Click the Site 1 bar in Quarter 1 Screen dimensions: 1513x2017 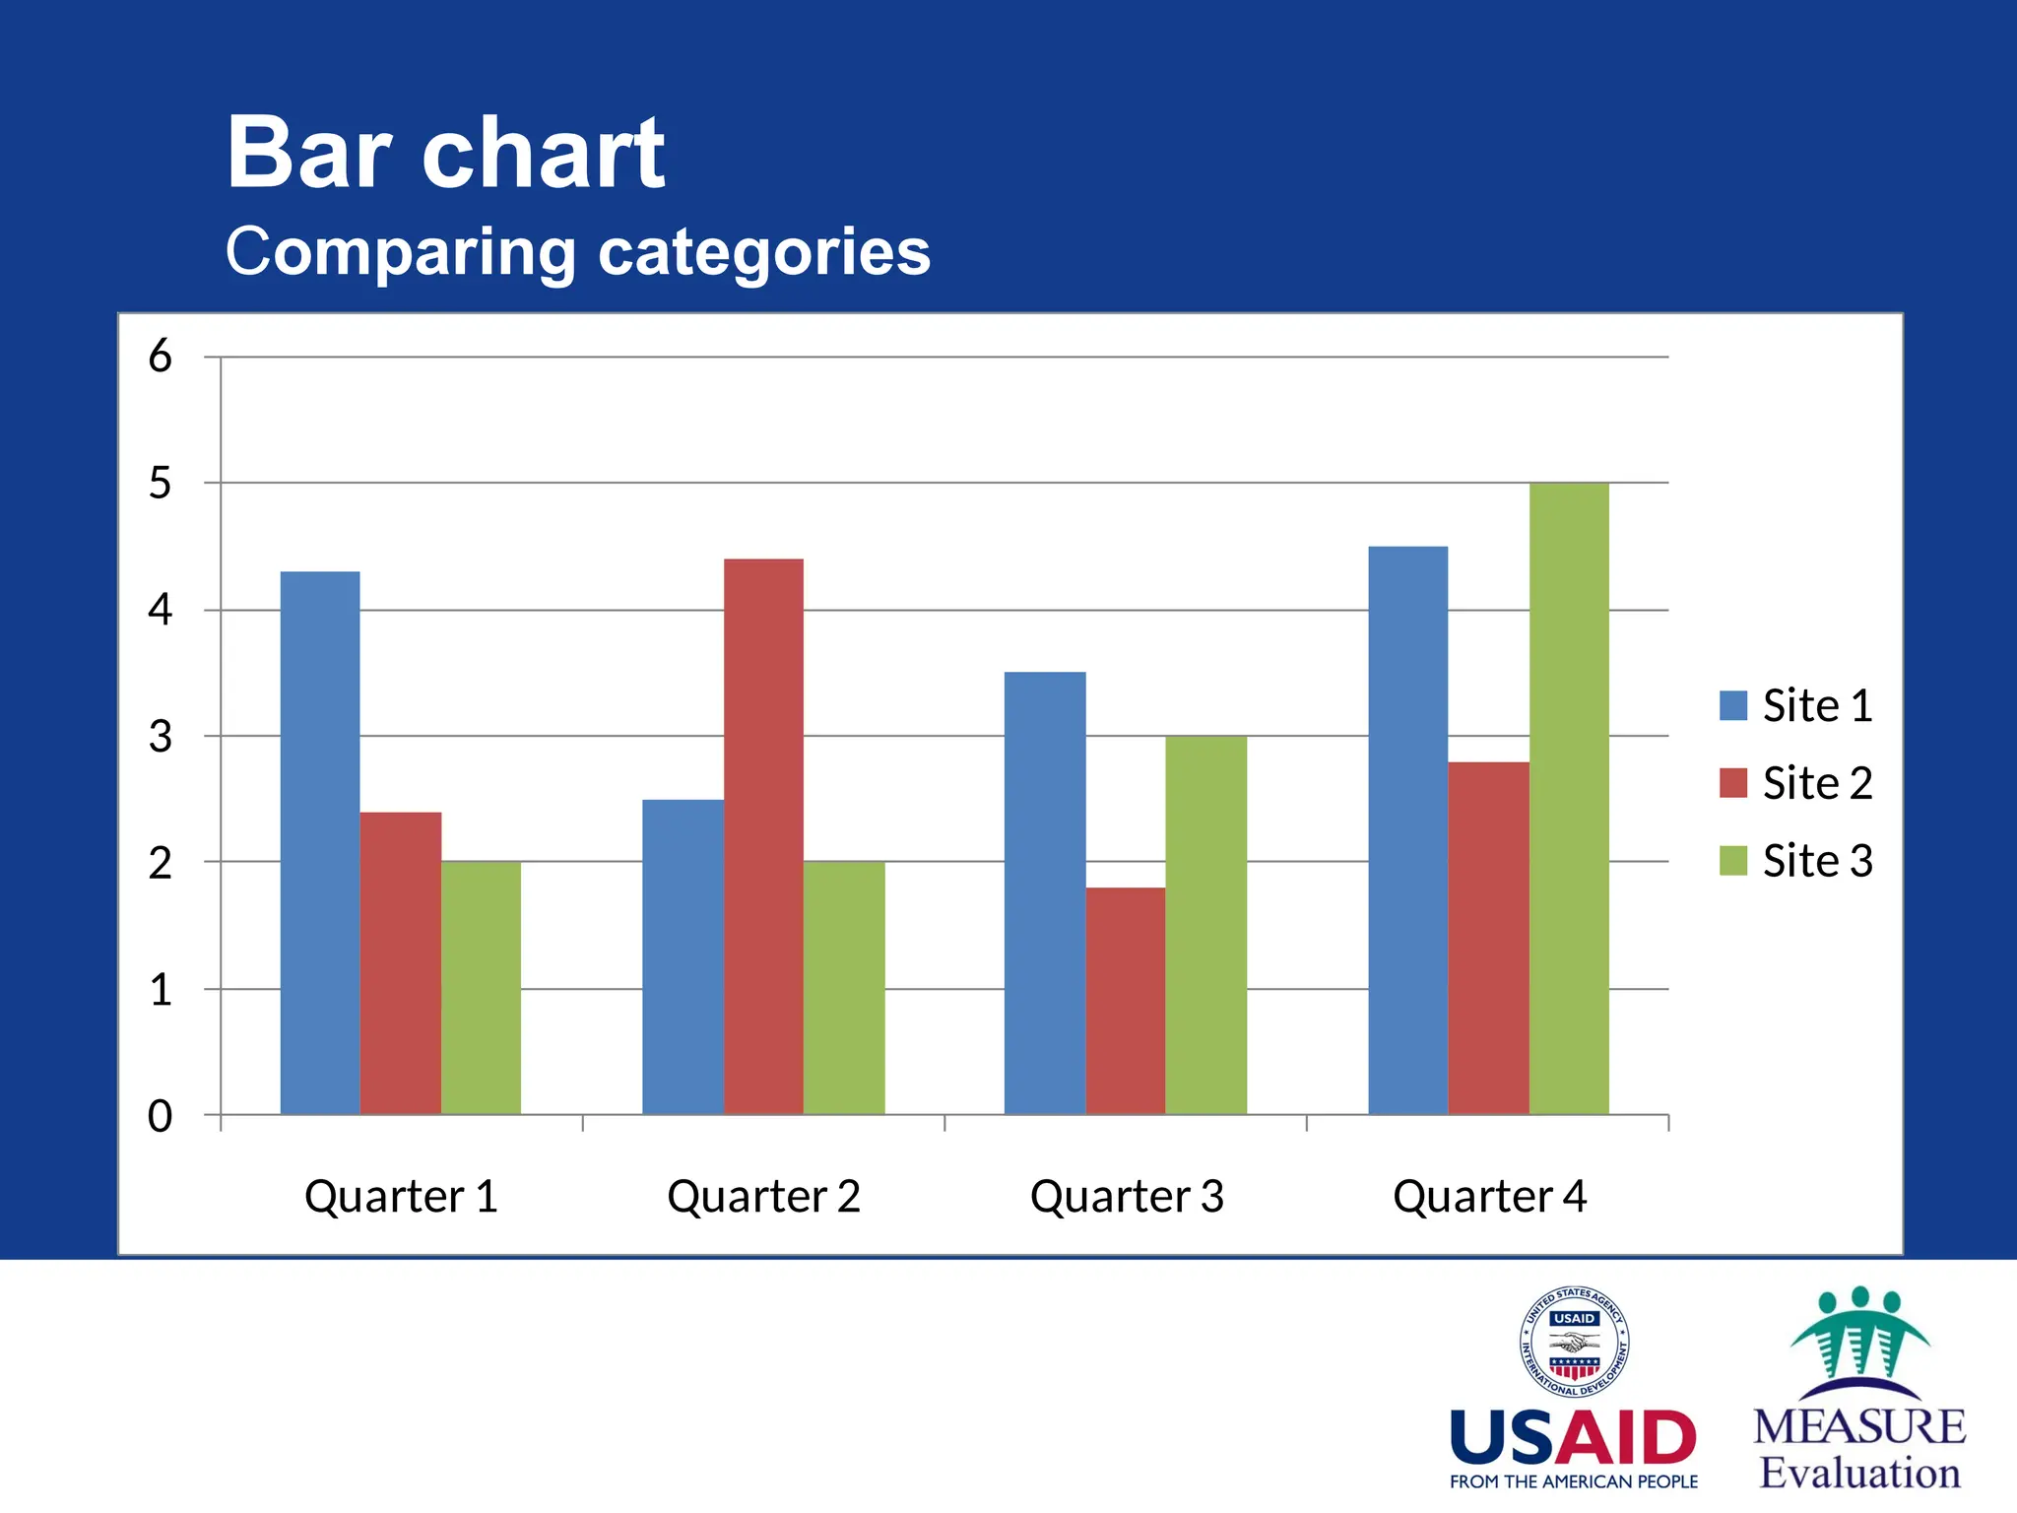point(320,842)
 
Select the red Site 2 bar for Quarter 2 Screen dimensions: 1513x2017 point(763,837)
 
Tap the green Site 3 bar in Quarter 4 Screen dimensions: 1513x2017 point(1569,798)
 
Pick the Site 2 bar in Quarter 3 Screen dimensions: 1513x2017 point(1126,1001)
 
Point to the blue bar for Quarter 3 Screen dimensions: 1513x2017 point(1045,892)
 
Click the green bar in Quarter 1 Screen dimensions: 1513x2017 point(481,988)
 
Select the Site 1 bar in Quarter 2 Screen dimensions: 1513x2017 point(683,956)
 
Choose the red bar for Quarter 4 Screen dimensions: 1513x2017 point(1488,938)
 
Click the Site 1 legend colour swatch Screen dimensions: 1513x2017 point(1732,705)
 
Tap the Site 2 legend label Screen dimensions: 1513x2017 point(1817,783)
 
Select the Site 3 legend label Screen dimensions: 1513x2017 point(1817,861)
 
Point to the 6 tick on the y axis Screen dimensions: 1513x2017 point(161,356)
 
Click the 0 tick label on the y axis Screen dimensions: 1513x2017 point(161,1116)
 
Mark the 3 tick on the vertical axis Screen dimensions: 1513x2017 point(161,736)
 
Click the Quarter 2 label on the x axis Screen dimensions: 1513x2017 point(763,1196)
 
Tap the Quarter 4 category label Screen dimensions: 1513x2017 point(1489,1196)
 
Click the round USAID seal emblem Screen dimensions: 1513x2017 point(1573,1342)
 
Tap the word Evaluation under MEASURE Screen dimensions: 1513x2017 point(1859,1473)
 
